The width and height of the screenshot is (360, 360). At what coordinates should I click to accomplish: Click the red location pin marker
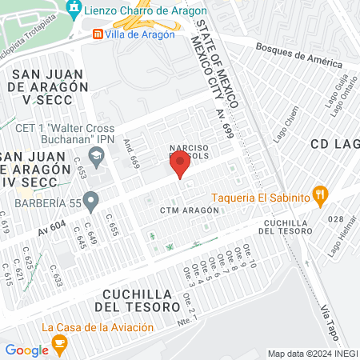179,166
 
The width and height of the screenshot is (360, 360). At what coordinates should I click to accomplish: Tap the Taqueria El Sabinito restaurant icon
321,194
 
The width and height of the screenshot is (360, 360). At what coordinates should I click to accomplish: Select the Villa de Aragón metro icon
98,34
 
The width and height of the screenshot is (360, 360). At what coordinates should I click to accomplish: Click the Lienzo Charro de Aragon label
145,11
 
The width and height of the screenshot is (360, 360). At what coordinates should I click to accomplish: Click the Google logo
26,350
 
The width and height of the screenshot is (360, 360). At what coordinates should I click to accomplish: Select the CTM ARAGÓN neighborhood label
190,210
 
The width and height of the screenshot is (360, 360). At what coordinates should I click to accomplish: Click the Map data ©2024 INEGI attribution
311,353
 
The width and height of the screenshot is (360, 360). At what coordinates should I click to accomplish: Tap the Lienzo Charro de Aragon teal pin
74,10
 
